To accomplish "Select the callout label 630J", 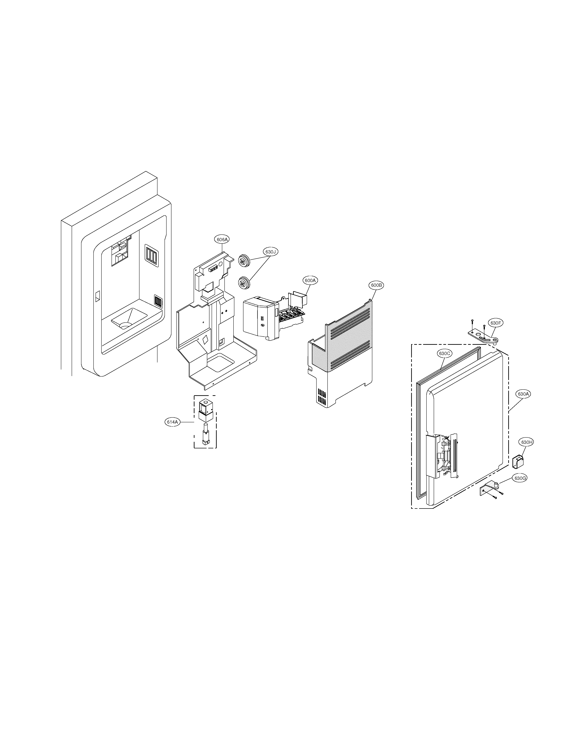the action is [x=271, y=252].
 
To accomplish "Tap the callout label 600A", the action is [x=310, y=281].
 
